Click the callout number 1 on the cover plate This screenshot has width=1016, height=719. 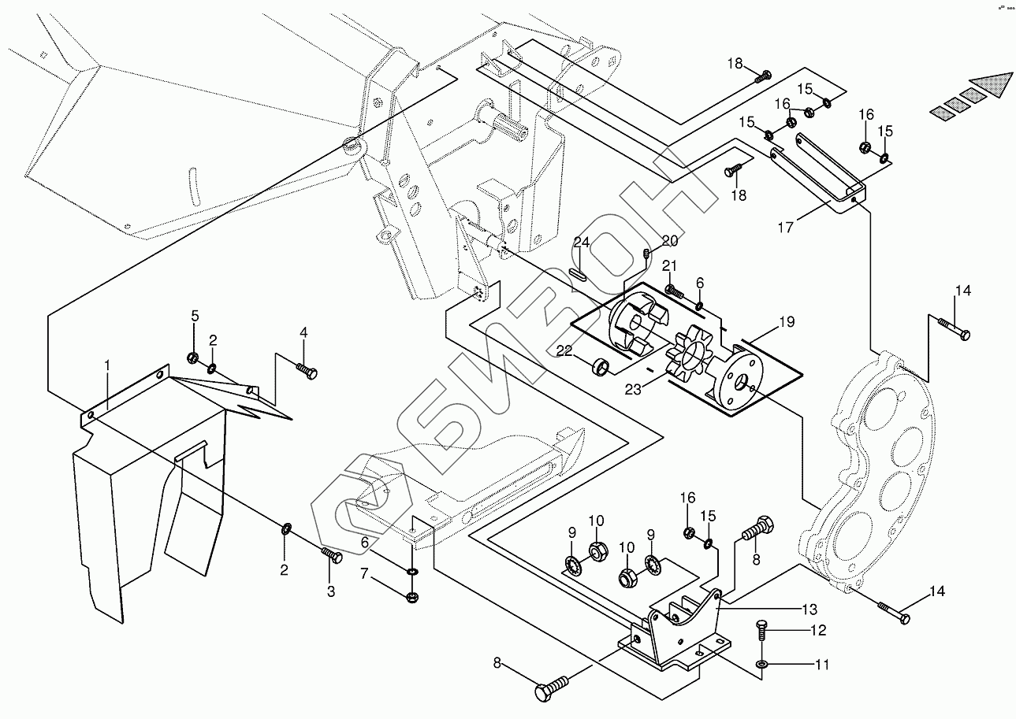[108, 365]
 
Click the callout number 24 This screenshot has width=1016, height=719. [580, 243]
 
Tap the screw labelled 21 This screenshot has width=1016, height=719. [674, 290]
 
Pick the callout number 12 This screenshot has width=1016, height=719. [817, 630]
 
